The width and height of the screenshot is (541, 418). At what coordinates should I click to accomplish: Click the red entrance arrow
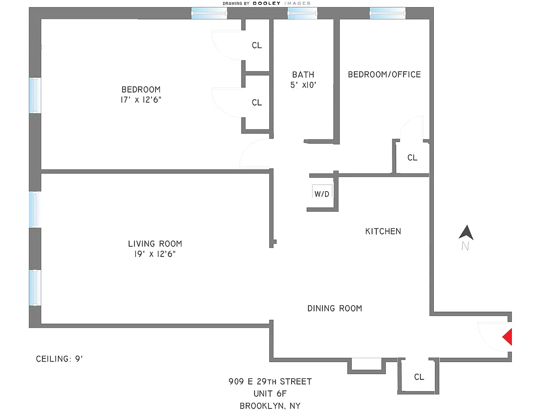tap(507, 336)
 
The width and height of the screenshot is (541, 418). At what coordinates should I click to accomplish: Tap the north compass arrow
tap(466, 233)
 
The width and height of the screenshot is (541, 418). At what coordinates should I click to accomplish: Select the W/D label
tap(322, 194)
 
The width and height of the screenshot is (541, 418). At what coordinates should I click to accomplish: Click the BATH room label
tap(303, 75)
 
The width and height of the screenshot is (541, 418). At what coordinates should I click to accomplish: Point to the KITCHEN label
tap(383, 231)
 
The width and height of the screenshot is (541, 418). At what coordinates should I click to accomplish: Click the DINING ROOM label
tap(335, 308)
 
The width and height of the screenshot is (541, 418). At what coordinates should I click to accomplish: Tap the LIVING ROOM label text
tap(155, 244)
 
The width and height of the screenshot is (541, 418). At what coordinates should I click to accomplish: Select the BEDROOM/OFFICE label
tap(384, 75)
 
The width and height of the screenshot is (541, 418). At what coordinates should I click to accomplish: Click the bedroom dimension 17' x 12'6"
tap(141, 100)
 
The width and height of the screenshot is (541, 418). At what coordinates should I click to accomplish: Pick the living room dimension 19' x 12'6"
tap(155, 254)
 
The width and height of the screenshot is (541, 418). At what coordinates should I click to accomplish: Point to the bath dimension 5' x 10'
tap(303, 85)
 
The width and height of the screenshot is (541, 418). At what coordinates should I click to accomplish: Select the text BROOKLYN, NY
tap(270, 405)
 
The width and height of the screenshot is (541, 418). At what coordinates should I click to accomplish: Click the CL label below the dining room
tap(419, 377)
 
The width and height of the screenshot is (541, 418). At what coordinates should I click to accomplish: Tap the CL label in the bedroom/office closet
tap(412, 157)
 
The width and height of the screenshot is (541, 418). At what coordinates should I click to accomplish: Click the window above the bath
tap(302, 14)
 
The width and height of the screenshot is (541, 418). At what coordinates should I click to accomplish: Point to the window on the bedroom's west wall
tap(34, 95)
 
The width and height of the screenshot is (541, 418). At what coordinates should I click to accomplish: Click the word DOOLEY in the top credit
tap(267, 3)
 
